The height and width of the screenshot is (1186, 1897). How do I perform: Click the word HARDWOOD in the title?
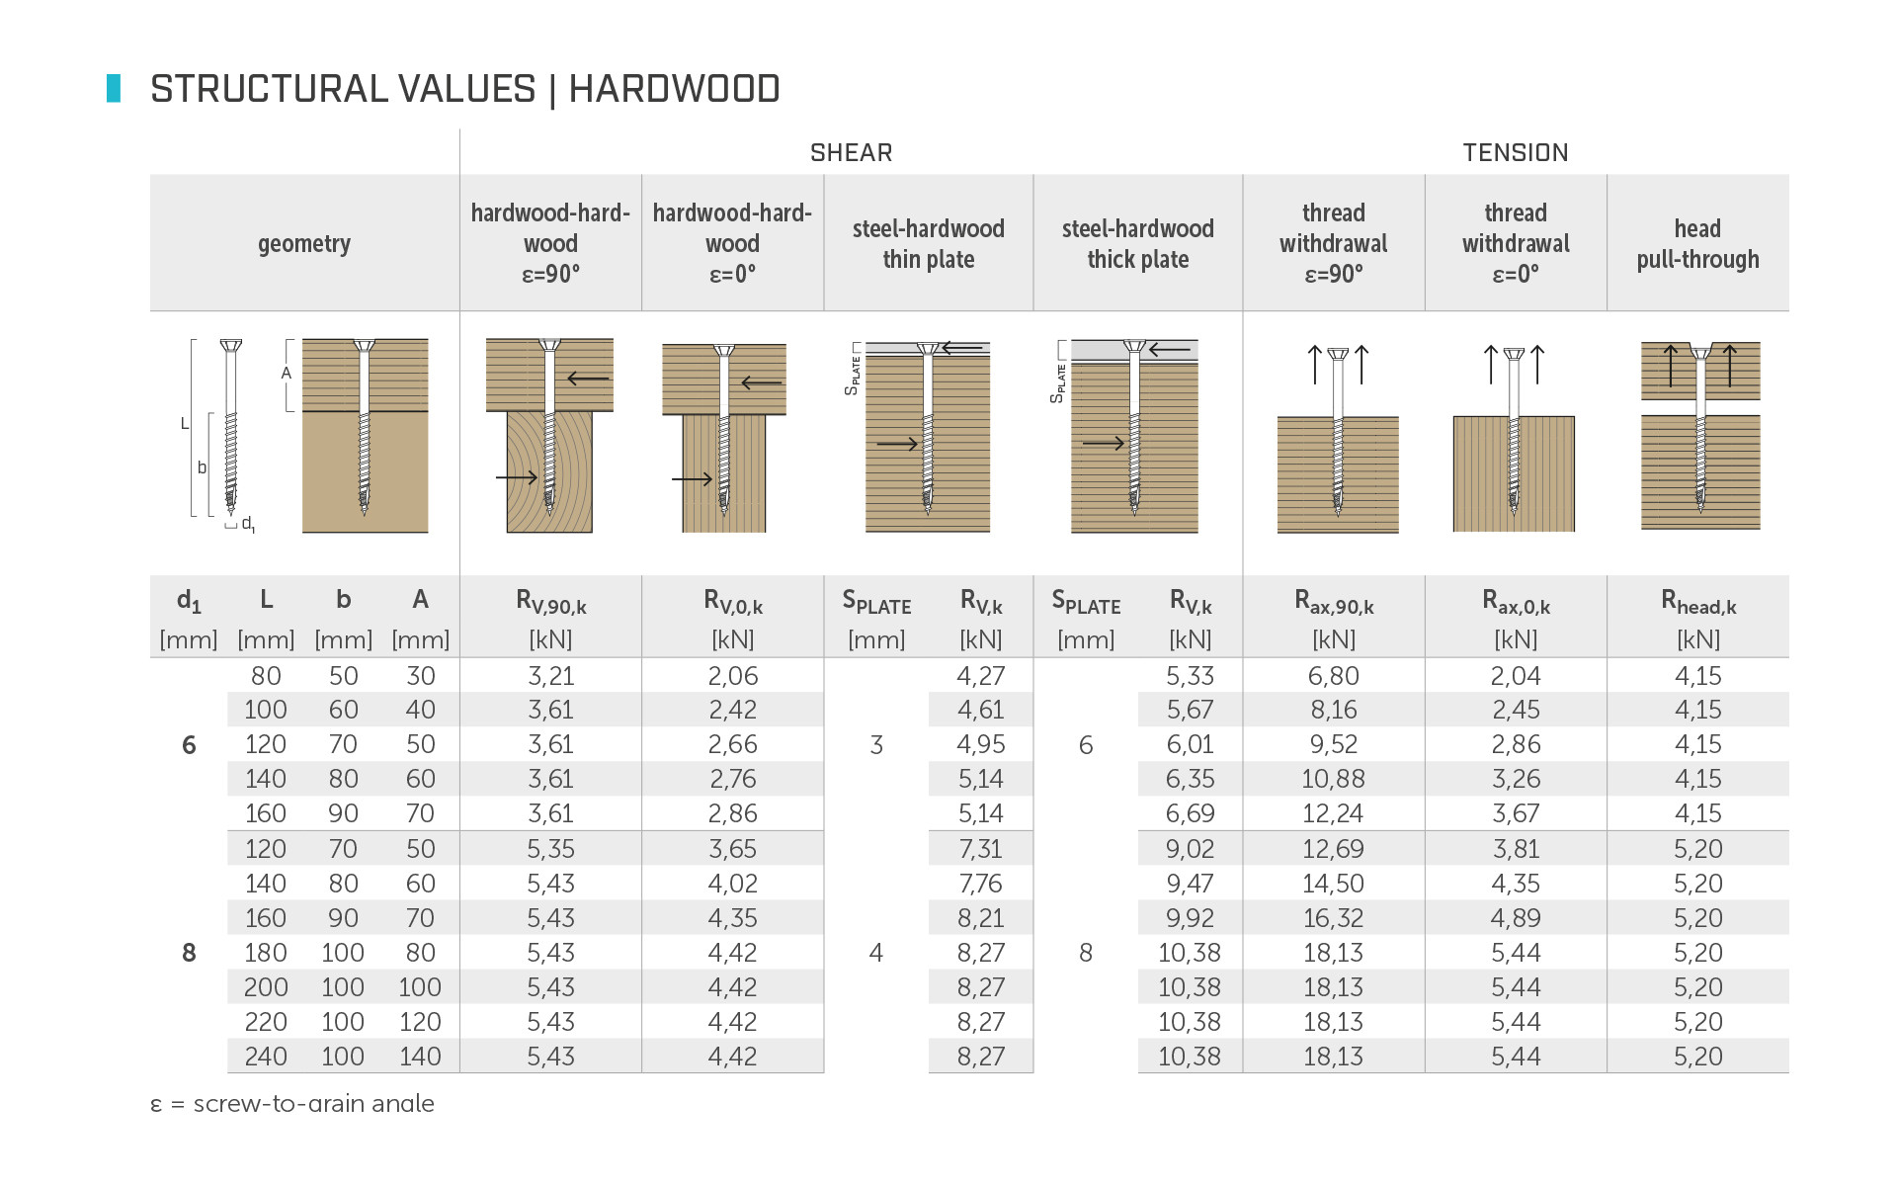(674, 89)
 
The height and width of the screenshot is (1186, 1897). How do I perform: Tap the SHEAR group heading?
(851, 153)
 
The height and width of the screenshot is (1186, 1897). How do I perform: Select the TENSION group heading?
(1515, 153)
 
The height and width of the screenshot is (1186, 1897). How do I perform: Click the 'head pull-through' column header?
(1697, 243)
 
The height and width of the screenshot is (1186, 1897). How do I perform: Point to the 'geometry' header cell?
(304, 243)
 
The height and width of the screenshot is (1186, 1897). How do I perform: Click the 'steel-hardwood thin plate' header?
(928, 243)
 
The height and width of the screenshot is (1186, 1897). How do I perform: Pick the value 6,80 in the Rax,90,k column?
(1333, 676)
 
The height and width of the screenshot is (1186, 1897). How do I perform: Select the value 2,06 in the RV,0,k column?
(732, 676)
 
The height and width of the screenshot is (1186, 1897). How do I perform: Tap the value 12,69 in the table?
(1333, 849)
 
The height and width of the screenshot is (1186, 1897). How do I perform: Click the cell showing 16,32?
(1333, 918)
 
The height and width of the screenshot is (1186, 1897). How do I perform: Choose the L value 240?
(266, 1057)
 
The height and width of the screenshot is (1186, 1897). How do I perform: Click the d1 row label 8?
(189, 953)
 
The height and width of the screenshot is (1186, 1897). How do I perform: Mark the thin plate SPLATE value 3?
(876, 745)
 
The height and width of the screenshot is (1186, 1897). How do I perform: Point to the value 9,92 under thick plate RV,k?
(1190, 918)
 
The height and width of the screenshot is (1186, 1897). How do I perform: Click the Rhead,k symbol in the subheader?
(1697, 601)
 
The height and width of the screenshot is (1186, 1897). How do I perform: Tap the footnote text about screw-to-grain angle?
(292, 1104)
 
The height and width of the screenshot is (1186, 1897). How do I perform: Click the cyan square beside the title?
(114, 88)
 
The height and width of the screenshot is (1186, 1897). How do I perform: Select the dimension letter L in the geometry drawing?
(184, 424)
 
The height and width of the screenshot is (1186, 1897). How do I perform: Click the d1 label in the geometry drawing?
(248, 524)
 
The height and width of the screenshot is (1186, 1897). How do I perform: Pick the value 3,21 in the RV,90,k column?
(550, 676)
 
